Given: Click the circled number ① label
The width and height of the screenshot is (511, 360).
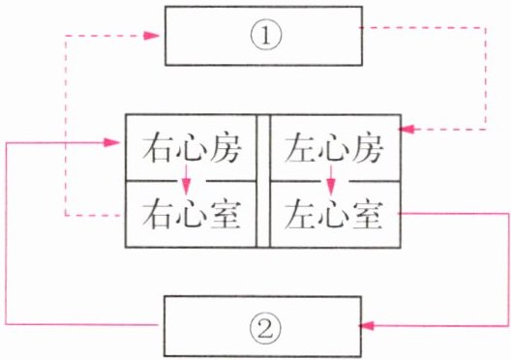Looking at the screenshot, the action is coord(265,35).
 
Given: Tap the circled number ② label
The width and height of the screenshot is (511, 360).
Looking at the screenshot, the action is coord(265,326).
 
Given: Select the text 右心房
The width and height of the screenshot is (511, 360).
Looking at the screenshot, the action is coord(192,149).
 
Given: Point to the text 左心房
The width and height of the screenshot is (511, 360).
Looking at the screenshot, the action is coord(333,149).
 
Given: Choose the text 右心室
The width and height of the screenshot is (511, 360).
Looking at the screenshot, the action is coord(192,214).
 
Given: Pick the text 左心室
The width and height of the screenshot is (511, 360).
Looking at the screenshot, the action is coord(333,214).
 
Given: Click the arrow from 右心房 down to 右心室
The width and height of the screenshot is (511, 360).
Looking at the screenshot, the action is coord(186,179).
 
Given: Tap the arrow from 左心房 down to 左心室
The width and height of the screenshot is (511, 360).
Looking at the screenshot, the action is coord(331,179).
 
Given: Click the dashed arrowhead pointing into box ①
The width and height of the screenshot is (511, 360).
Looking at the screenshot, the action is coord(151,36).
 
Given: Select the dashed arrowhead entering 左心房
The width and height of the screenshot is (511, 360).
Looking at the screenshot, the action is coord(406,129).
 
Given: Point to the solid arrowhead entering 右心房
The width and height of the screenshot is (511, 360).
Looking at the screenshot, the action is coord(112,142).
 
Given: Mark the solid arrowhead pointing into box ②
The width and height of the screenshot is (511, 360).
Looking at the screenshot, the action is coord(367,325).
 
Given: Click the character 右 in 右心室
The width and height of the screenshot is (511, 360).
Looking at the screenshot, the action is coord(158,214).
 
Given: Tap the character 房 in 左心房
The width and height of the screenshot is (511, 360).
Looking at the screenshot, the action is coord(367,149).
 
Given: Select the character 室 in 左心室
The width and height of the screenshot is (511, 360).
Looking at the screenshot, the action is coord(367,214).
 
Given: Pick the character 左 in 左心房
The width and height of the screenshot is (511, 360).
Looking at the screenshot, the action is coord(300,149).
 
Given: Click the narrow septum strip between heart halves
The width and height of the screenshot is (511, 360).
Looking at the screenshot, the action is coord(263,181).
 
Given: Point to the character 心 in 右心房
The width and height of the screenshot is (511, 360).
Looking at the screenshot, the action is coord(192,149).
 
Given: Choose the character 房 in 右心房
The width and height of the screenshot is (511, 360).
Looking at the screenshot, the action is coord(225,149).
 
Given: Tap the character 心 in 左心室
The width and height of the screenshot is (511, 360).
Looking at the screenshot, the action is coord(333,214).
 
